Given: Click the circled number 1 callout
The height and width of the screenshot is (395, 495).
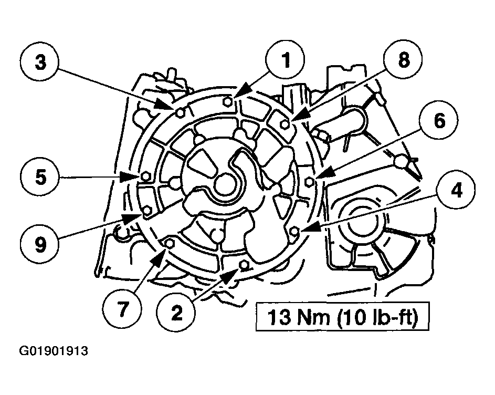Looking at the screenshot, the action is coord(286,60).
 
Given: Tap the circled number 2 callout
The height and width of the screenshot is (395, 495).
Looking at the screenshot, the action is coord(177,313).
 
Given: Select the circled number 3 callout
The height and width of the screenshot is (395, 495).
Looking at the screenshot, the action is coord(40,63).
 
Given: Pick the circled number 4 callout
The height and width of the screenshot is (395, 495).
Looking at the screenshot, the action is coord(456,191).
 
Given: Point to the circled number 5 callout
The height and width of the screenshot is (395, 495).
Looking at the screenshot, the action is coord(40,177).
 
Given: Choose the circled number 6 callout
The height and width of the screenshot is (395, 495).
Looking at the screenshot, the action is coord(439,120).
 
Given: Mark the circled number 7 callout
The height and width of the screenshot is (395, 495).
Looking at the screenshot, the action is coord(122,309).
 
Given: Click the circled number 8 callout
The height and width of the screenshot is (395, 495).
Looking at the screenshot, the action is coord(403,60).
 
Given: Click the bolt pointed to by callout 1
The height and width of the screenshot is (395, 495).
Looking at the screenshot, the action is coord(228,101).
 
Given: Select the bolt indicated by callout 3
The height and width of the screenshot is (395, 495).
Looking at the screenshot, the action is coord(180,112).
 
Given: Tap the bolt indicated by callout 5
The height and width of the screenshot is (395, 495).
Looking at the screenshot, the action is coord(145,176).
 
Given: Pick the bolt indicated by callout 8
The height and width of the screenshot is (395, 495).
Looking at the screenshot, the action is coord(285,124).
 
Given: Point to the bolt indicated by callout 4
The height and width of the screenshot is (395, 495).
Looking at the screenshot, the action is coord(294,232).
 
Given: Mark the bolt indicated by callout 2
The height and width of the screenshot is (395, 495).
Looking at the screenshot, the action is coord(244,265).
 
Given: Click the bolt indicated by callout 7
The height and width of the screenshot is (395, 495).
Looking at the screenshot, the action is coord(170,243).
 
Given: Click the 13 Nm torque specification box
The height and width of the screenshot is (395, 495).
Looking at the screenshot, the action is coord(343,317).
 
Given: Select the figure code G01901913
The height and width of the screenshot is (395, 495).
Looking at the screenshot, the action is coord(54,351).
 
